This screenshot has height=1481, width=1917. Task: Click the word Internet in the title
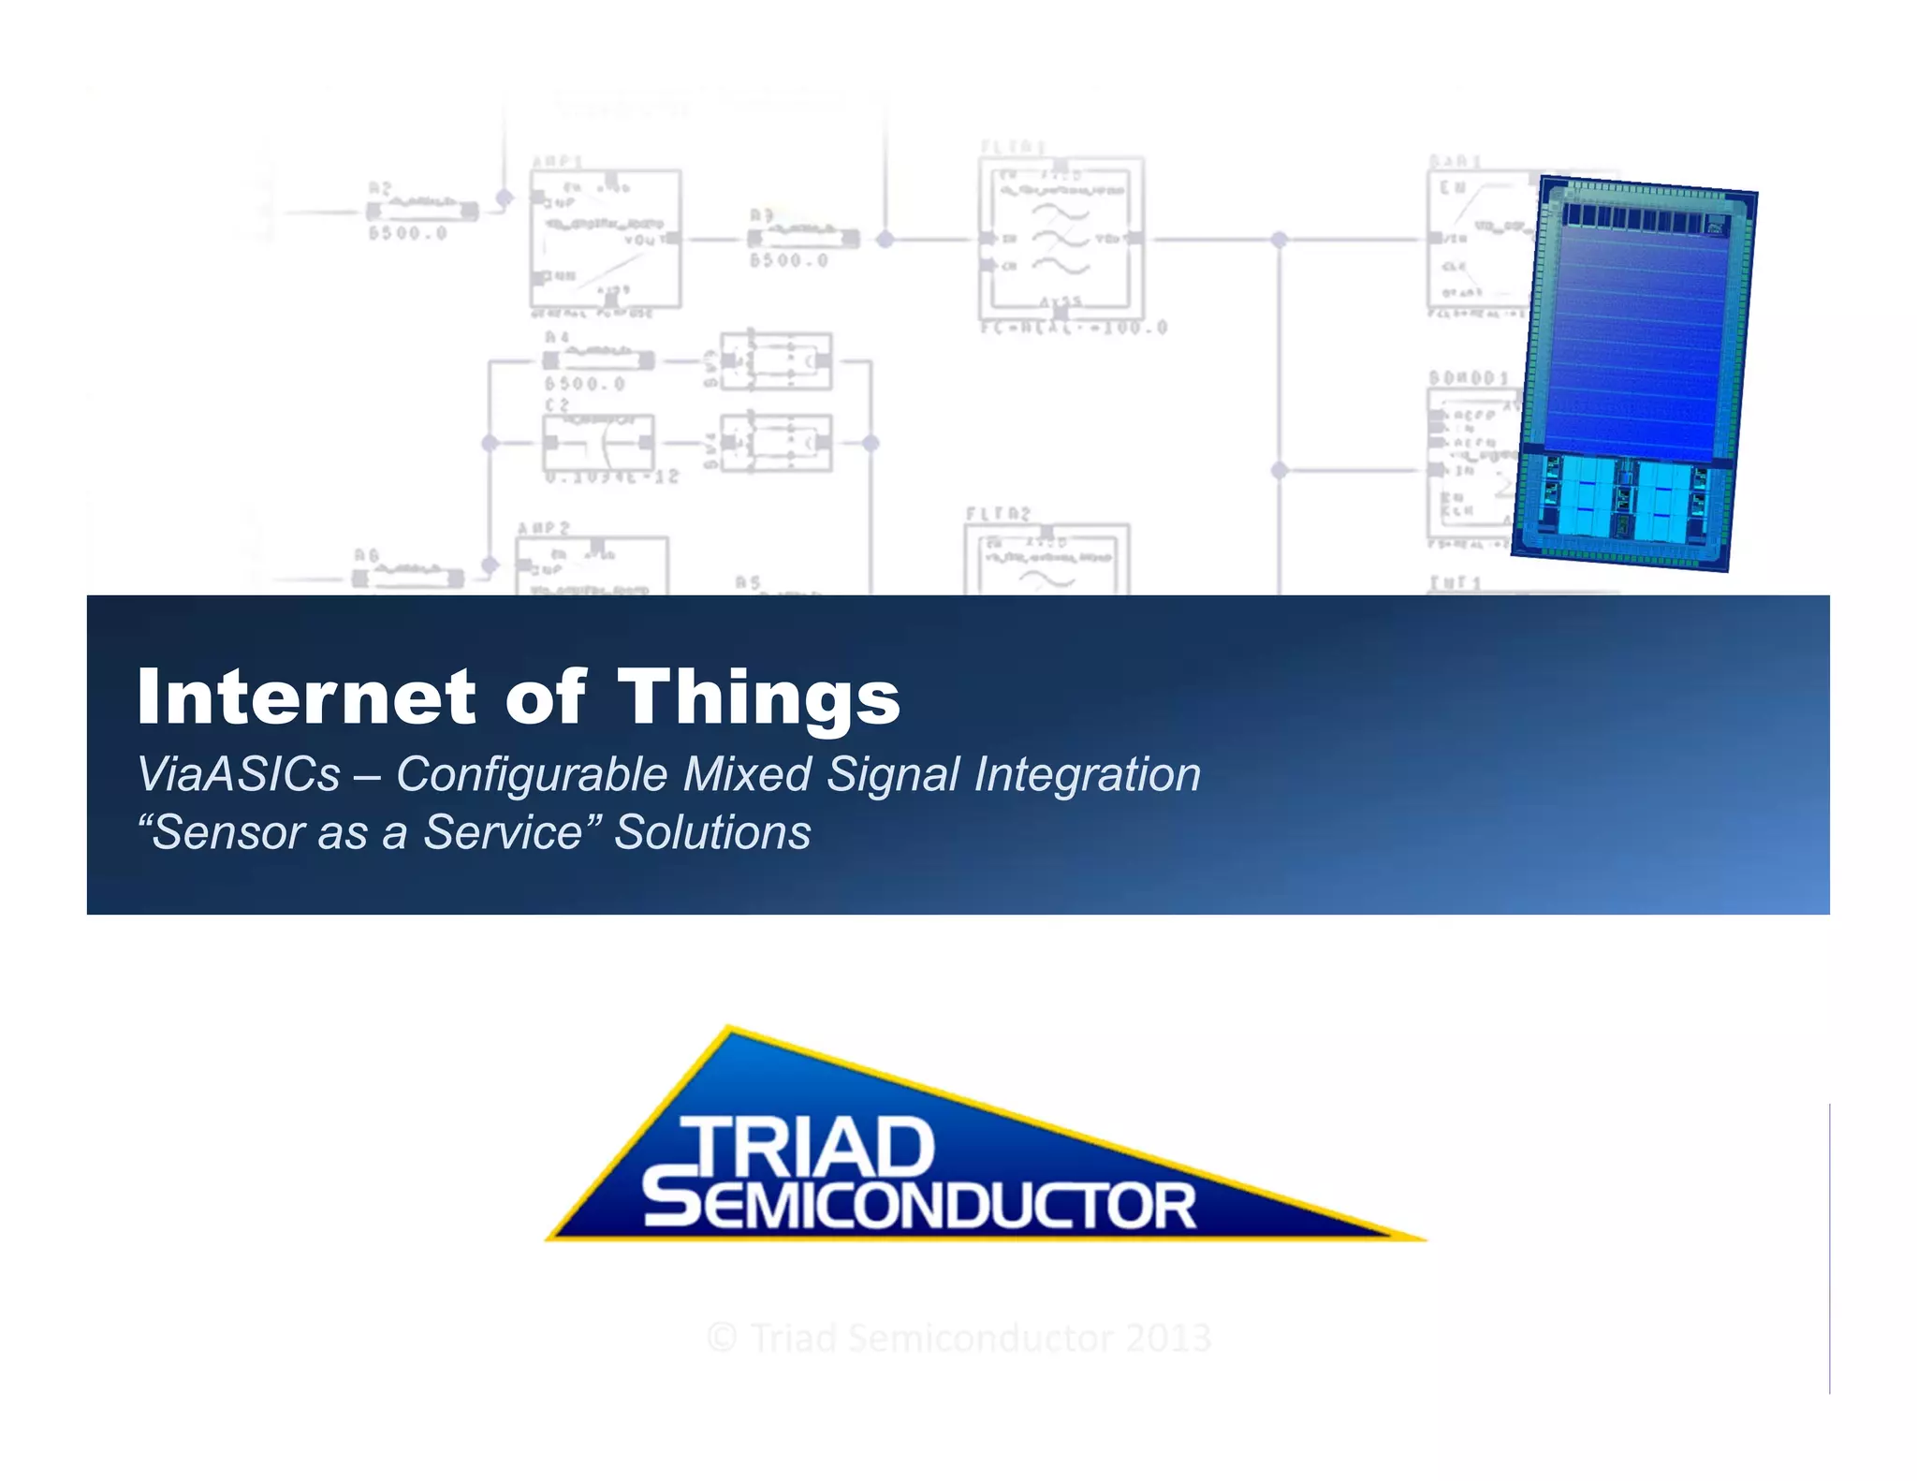[x=306, y=697]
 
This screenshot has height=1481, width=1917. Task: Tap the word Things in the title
[x=759, y=698]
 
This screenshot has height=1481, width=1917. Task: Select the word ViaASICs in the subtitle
[x=239, y=774]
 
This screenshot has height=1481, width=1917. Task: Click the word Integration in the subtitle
[x=1087, y=774]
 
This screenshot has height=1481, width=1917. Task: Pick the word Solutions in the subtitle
[x=712, y=832]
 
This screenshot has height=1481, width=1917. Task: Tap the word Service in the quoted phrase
[x=504, y=832]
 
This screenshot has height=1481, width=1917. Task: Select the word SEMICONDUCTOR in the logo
[x=919, y=1206]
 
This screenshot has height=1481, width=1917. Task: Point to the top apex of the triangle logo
[x=729, y=1029]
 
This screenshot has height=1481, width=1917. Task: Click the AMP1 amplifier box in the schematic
[x=606, y=239]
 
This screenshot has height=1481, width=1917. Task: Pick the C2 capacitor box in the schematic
[x=598, y=443]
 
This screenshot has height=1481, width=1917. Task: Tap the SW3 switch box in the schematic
[x=775, y=360]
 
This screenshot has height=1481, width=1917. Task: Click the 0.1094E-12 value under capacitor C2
[x=612, y=477]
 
